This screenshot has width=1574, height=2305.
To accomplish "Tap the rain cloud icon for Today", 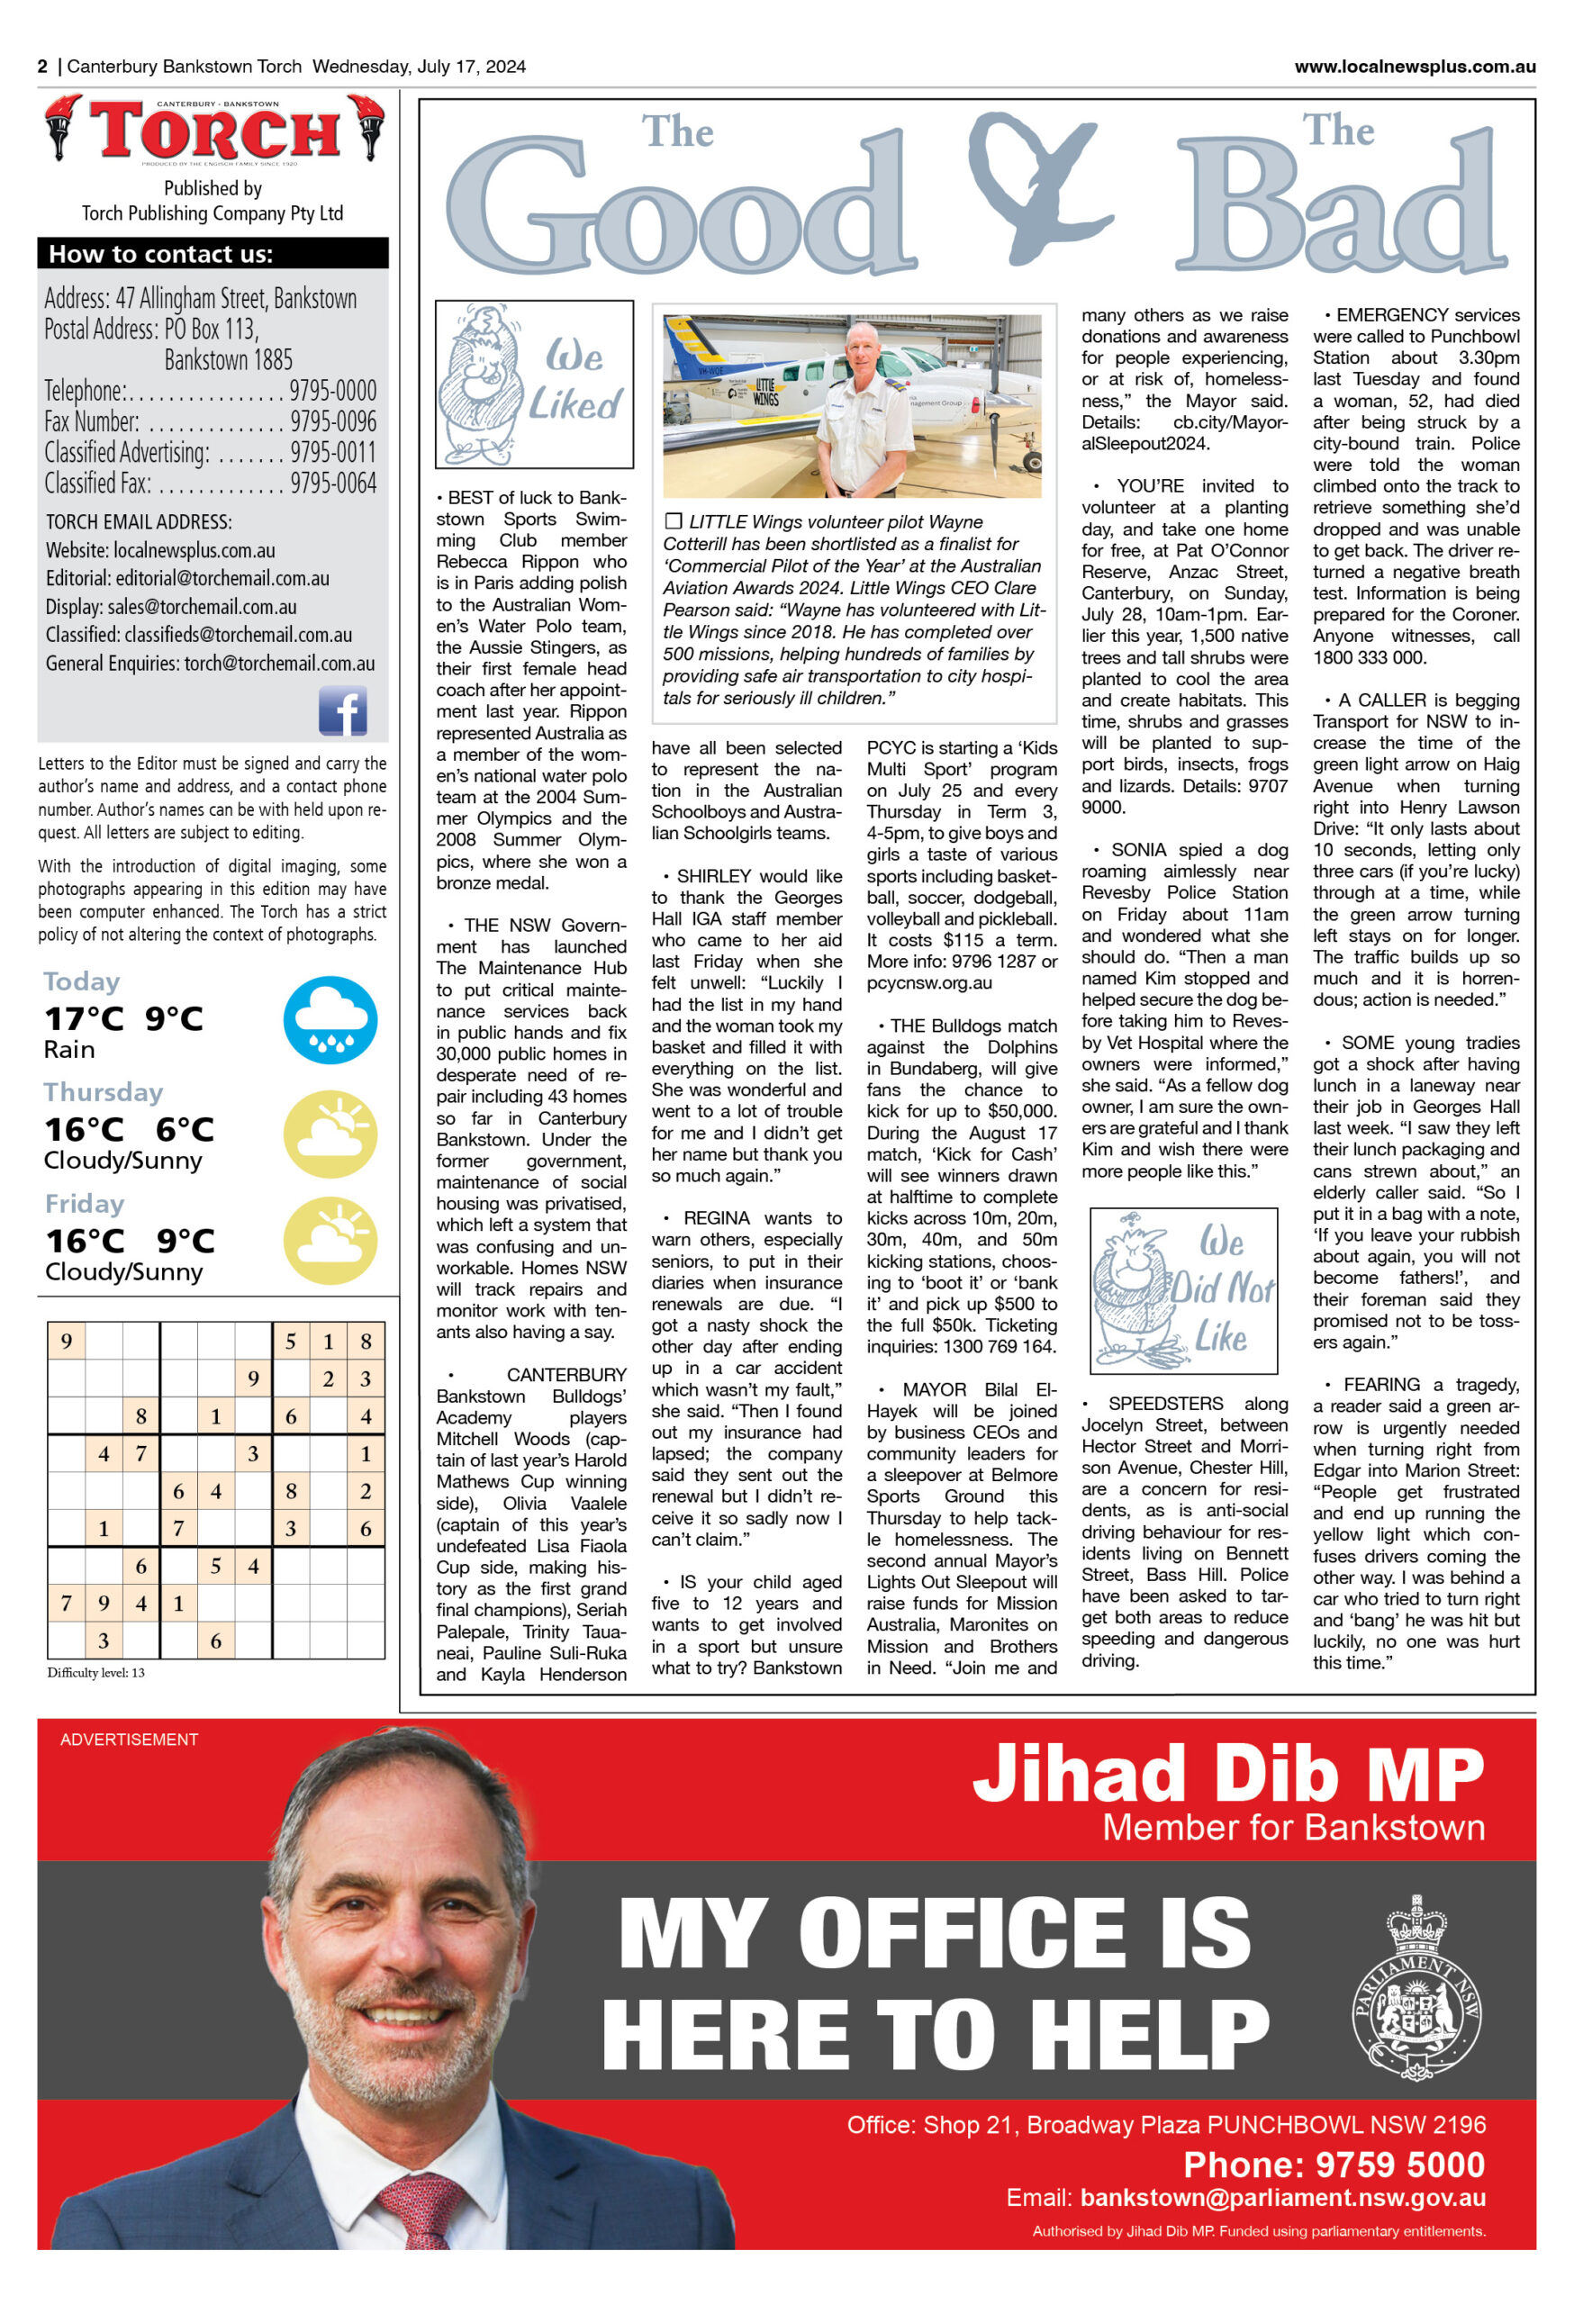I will click(x=330, y=1019).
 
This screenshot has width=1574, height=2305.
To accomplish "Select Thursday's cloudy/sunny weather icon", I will click(x=330, y=1132).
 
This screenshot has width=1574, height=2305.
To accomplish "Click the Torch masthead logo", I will click(x=214, y=130).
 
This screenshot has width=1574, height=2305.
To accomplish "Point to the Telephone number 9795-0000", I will click(x=332, y=391).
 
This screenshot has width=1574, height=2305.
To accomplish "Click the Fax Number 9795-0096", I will click(x=332, y=421).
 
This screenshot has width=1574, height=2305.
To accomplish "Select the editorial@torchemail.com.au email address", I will click(x=222, y=578).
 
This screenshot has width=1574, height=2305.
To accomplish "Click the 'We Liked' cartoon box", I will click(x=534, y=384).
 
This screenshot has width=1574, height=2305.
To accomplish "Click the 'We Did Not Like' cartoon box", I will click(x=1183, y=1290).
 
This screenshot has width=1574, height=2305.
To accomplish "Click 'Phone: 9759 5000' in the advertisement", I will click(x=1333, y=2165).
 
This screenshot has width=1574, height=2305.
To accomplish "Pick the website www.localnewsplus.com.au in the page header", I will click(x=1414, y=67).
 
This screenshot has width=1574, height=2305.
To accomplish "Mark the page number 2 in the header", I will click(x=42, y=67).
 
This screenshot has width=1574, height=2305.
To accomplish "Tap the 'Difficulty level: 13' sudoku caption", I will click(x=96, y=1672).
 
